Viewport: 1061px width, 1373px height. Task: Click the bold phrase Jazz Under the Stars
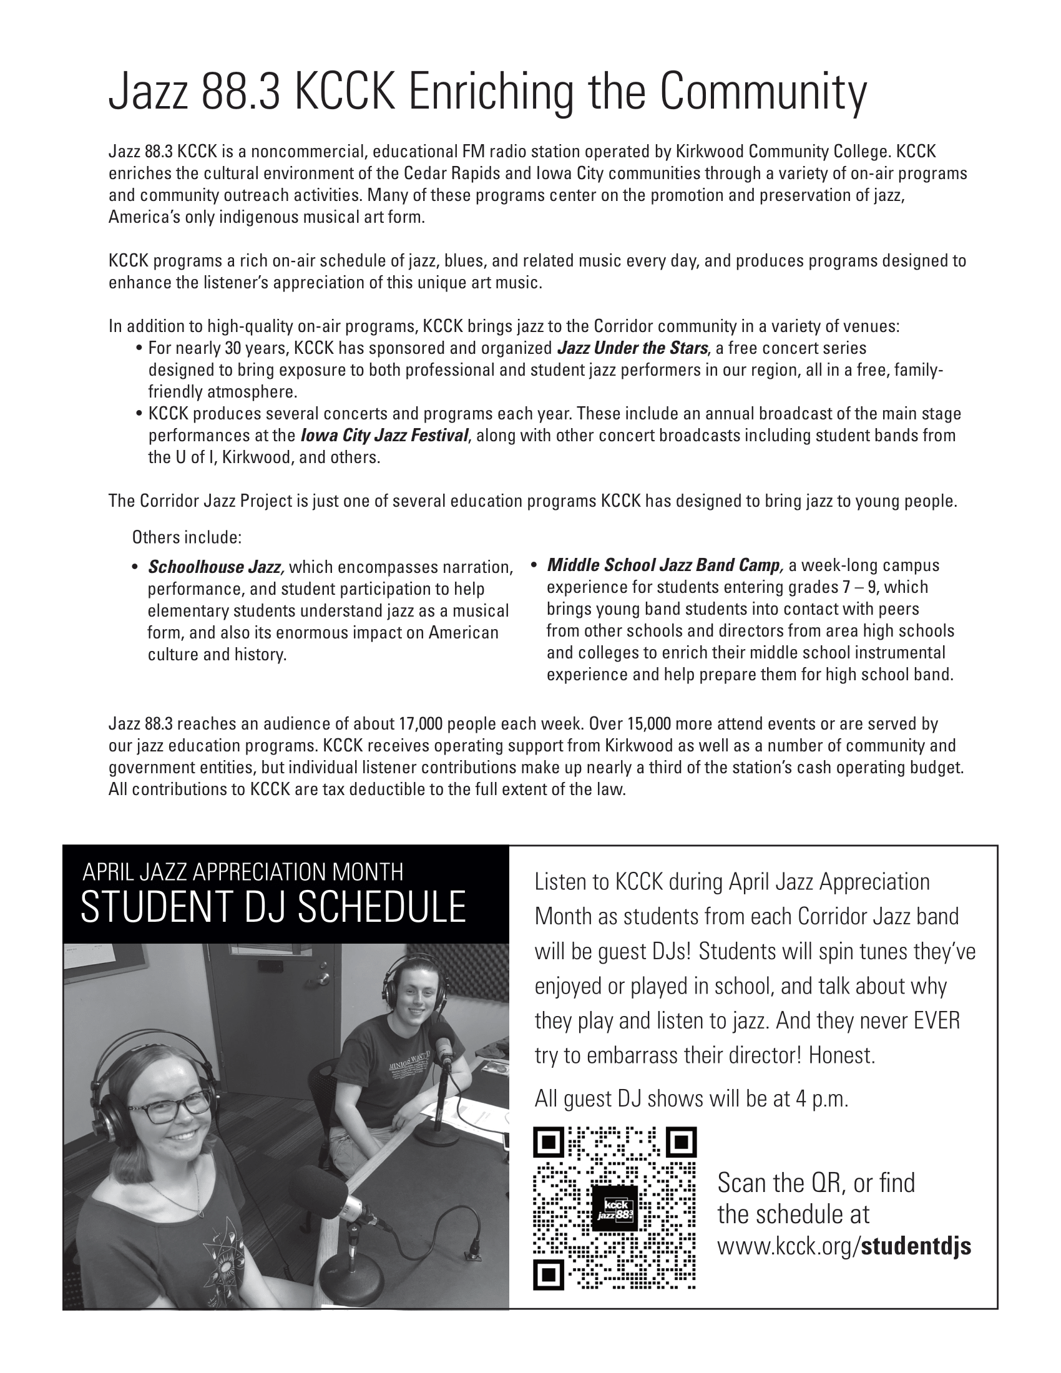633,348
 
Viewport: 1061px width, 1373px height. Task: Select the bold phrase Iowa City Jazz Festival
384,436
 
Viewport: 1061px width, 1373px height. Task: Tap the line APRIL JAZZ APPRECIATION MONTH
243,872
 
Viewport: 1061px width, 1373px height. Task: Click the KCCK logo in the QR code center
615,1208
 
